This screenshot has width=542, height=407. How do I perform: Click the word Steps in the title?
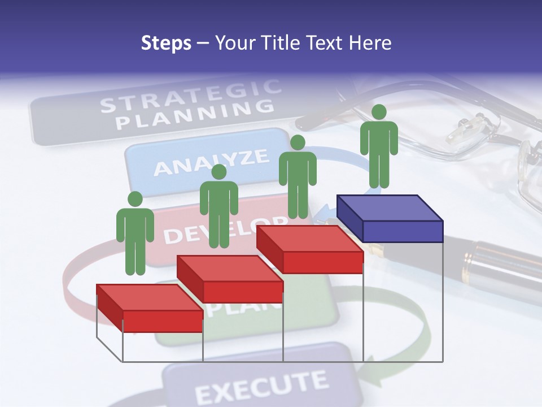(166, 43)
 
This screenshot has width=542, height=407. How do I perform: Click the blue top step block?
(390, 219)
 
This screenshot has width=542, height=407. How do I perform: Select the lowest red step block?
(150, 308)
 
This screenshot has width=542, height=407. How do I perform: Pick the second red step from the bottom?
(230, 279)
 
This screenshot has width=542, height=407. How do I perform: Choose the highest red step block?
(309, 249)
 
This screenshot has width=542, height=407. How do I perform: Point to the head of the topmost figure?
(379, 112)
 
